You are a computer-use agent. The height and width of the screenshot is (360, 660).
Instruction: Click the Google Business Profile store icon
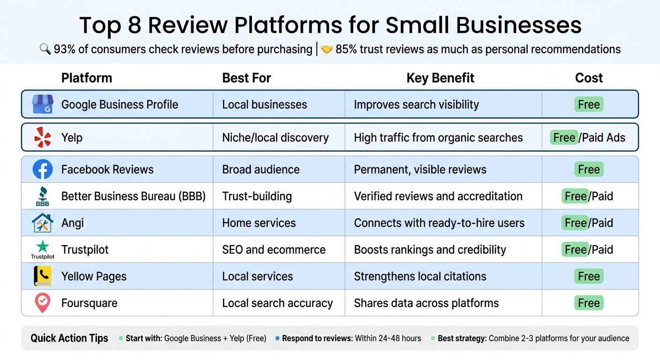point(42,104)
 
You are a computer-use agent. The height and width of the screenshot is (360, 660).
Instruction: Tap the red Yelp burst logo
point(43,137)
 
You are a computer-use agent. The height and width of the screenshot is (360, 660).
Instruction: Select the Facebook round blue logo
point(43,169)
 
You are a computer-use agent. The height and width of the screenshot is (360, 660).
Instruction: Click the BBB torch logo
point(43,196)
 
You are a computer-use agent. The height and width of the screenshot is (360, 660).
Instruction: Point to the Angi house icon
point(43,223)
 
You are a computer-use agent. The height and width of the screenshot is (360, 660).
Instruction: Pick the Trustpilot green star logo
point(43,247)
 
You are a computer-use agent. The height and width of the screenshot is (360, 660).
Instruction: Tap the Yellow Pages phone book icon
point(43,276)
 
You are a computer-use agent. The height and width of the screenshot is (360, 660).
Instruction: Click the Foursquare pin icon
point(43,303)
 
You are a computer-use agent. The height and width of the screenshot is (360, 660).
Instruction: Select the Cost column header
point(589,78)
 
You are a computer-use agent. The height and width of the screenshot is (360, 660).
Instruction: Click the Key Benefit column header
point(440,78)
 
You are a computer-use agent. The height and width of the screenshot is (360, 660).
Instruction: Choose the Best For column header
point(247,78)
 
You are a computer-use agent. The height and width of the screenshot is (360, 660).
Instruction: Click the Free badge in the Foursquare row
point(589,303)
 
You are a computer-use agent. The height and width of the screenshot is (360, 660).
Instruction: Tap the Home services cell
point(259,223)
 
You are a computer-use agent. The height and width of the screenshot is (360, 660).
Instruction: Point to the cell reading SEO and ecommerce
point(274,249)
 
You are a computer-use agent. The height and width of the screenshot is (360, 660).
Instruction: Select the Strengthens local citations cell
point(420,276)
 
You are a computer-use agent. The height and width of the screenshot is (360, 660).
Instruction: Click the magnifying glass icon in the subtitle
point(45,49)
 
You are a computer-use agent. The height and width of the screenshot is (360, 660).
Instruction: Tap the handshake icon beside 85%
point(327,49)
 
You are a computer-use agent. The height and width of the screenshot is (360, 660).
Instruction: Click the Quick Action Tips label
point(69,338)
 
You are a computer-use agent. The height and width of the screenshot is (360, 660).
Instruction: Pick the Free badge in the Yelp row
point(564,137)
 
